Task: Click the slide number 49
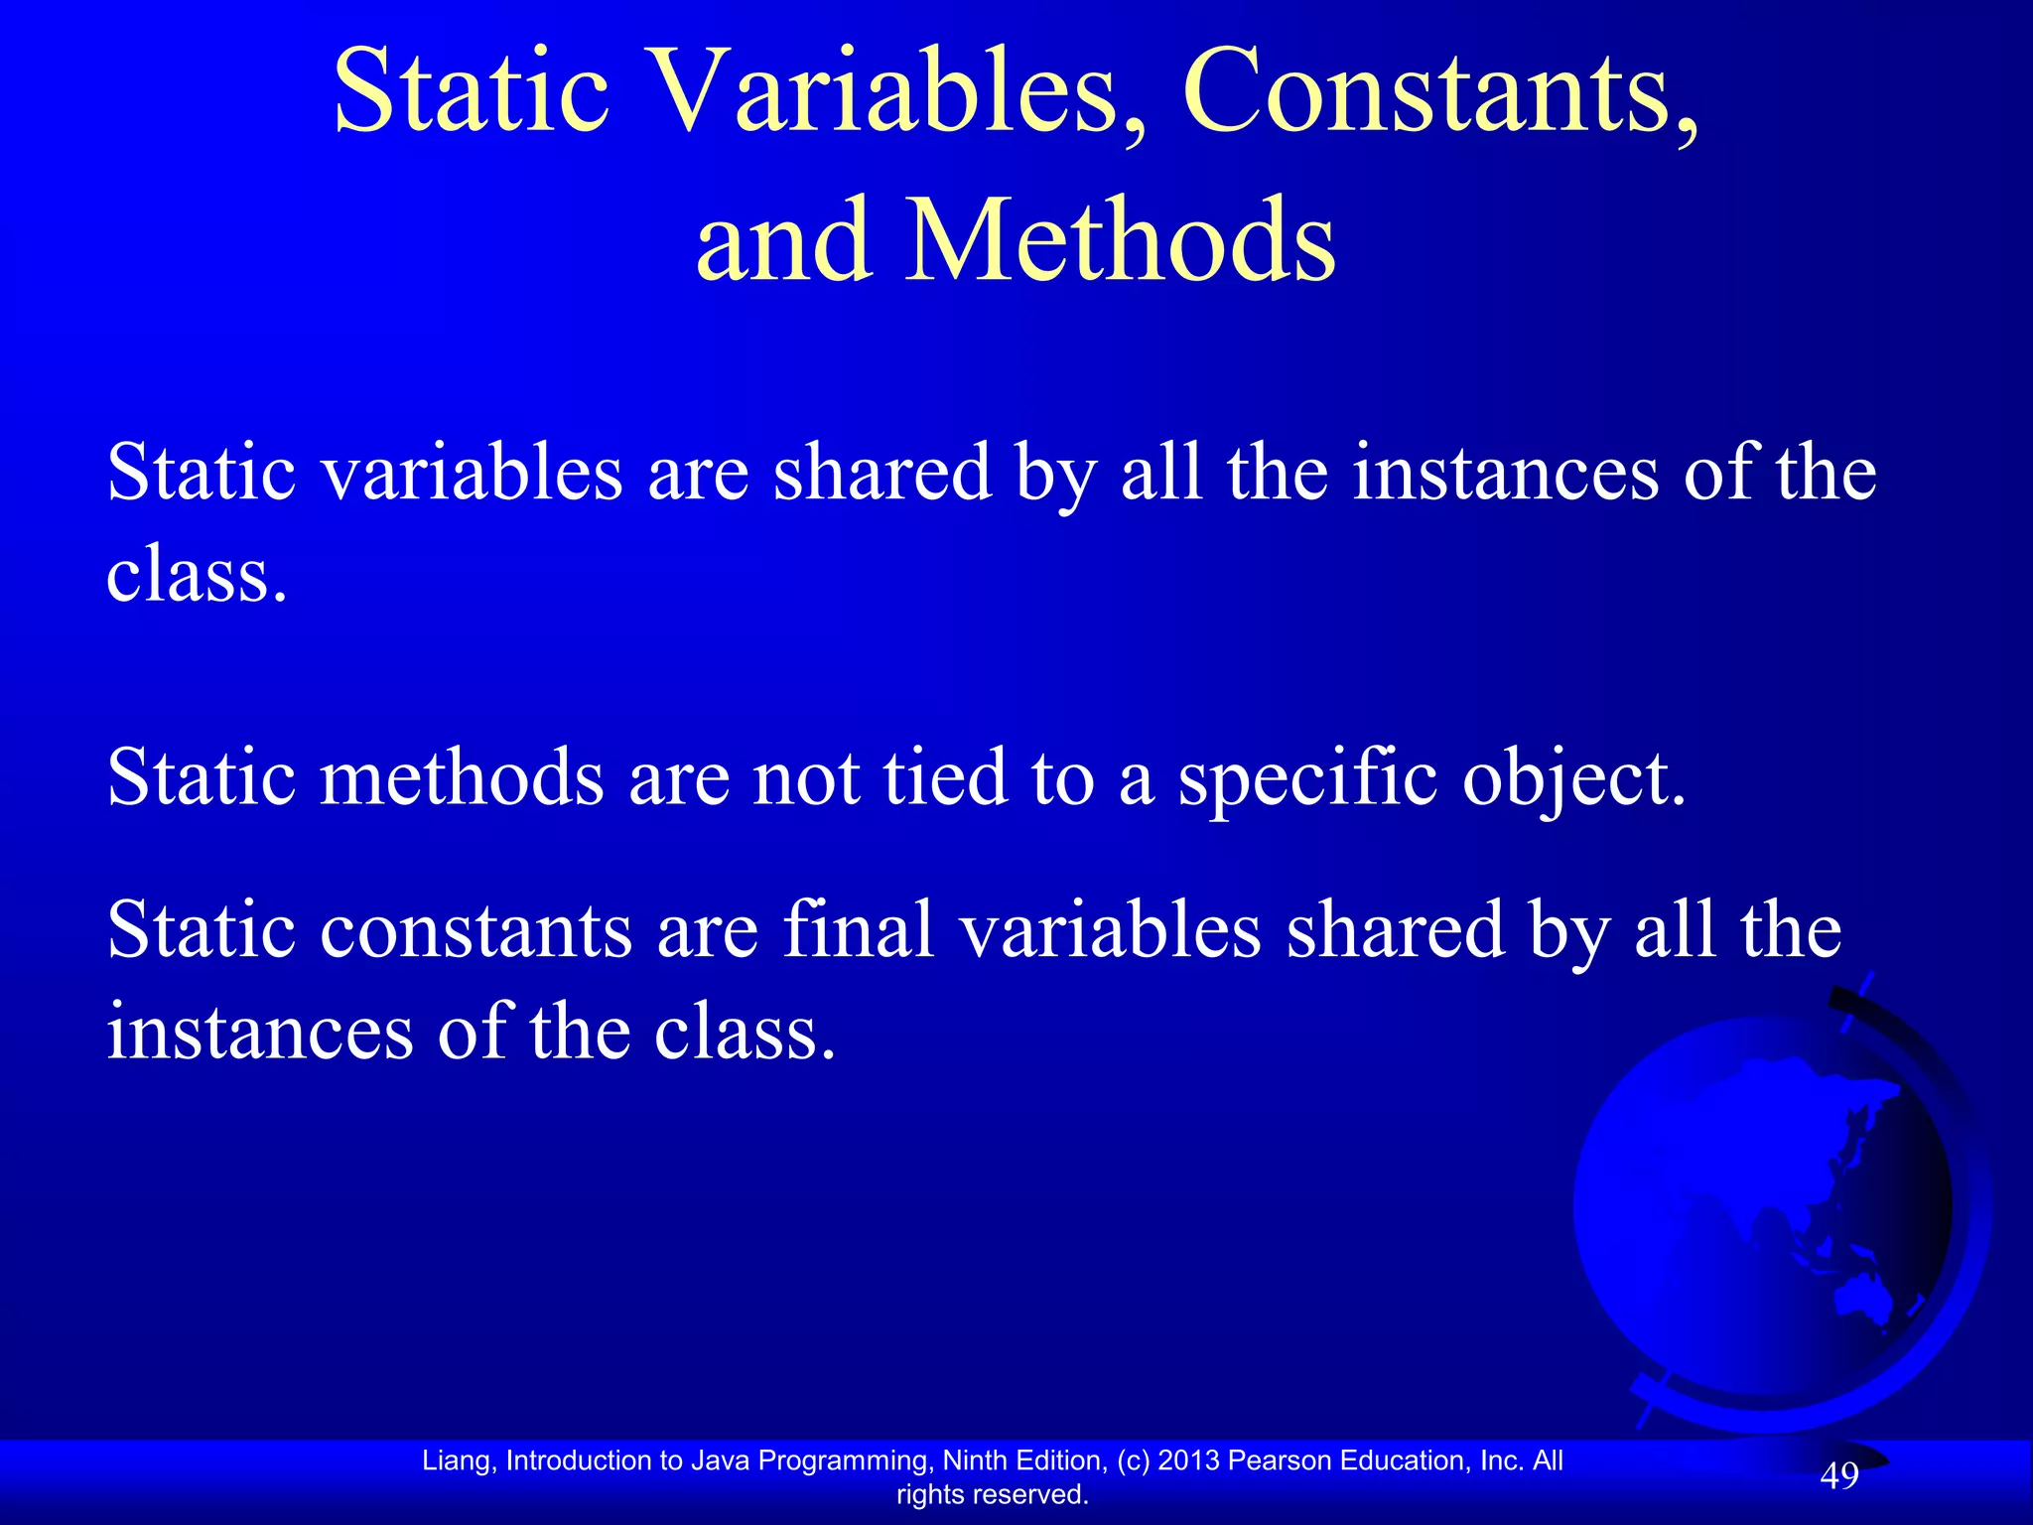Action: pos(1838,1476)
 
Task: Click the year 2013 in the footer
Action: pos(1189,1460)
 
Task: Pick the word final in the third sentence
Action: pos(859,930)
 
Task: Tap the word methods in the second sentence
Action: pos(462,777)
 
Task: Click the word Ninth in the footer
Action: pos(978,1460)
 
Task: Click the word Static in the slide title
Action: pos(472,94)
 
